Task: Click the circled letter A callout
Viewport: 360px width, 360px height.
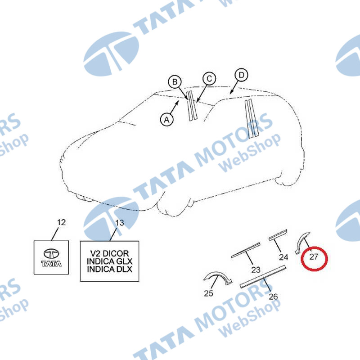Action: pyautogui.click(x=167, y=119)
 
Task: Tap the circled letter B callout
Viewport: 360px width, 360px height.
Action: pyautogui.click(x=175, y=82)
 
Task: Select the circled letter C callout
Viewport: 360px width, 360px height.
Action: pyautogui.click(x=209, y=79)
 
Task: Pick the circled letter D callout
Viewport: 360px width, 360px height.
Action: pyautogui.click(x=241, y=75)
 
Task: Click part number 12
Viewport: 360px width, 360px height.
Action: pyautogui.click(x=61, y=222)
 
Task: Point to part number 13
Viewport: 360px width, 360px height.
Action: pyautogui.click(x=119, y=223)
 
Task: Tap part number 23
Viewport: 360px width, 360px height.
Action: pyautogui.click(x=256, y=270)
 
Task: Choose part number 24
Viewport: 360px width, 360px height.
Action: pyautogui.click(x=283, y=257)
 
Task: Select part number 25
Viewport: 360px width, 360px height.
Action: pyautogui.click(x=208, y=293)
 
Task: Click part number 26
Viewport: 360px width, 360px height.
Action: pyautogui.click(x=273, y=297)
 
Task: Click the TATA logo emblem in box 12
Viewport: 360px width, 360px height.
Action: pyautogui.click(x=51, y=257)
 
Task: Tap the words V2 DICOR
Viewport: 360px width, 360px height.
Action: pyautogui.click(x=109, y=253)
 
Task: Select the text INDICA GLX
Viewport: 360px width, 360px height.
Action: pyautogui.click(x=109, y=261)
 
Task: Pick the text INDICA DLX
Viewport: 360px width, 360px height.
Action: pyautogui.click(x=109, y=269)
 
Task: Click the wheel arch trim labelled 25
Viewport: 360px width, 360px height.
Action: pyautogui.click(x=217, y=277)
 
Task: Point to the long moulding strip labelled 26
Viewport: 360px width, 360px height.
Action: pyautogui.click(x=263, y=276)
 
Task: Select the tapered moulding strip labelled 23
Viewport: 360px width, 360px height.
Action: pyautogui.click(x=245, y=250)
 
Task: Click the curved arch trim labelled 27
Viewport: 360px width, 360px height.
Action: pyautogui.click(x=301, y=243)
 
